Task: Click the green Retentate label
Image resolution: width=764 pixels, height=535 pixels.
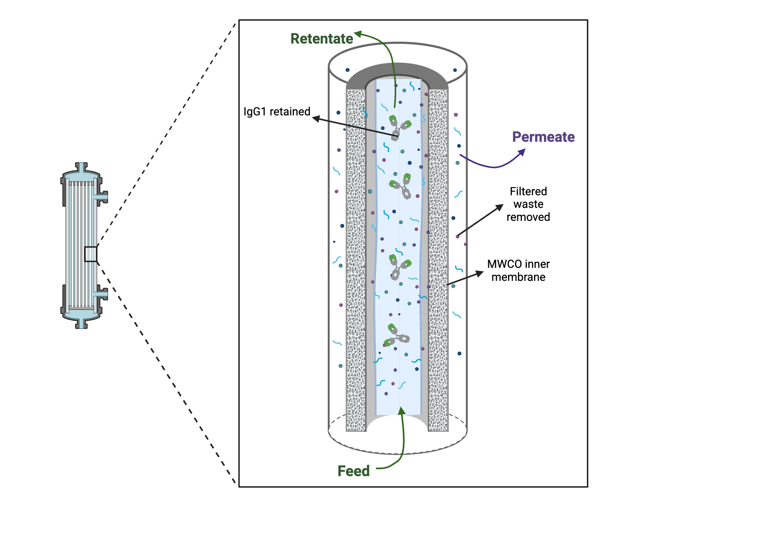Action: (x=322, y=39)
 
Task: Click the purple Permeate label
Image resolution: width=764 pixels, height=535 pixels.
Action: (x=543, y=137)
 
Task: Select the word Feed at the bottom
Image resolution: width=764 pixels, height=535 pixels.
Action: (x=353, y=471)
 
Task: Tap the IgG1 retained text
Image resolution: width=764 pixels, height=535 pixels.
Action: (x=277, y=112)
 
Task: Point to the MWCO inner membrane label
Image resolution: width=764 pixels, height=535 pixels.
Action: (x=518, y=270)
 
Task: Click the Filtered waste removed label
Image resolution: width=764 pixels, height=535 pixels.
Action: (x=528, y=204)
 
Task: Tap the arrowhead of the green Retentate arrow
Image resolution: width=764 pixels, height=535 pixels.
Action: (x=358, y=34)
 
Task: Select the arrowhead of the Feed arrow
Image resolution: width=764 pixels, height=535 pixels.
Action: (x=401, y=411)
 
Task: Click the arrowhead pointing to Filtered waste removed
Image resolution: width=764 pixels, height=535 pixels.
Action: (x=500, y=208)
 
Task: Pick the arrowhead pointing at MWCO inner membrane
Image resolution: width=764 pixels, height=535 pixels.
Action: (x=479, y=273)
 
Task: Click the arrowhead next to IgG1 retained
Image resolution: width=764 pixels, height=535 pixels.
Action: (x=316, y=118)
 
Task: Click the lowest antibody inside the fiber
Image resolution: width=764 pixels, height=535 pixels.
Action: (x=397, y=336)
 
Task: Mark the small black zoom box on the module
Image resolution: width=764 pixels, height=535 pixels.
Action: (x=91, y=254)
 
